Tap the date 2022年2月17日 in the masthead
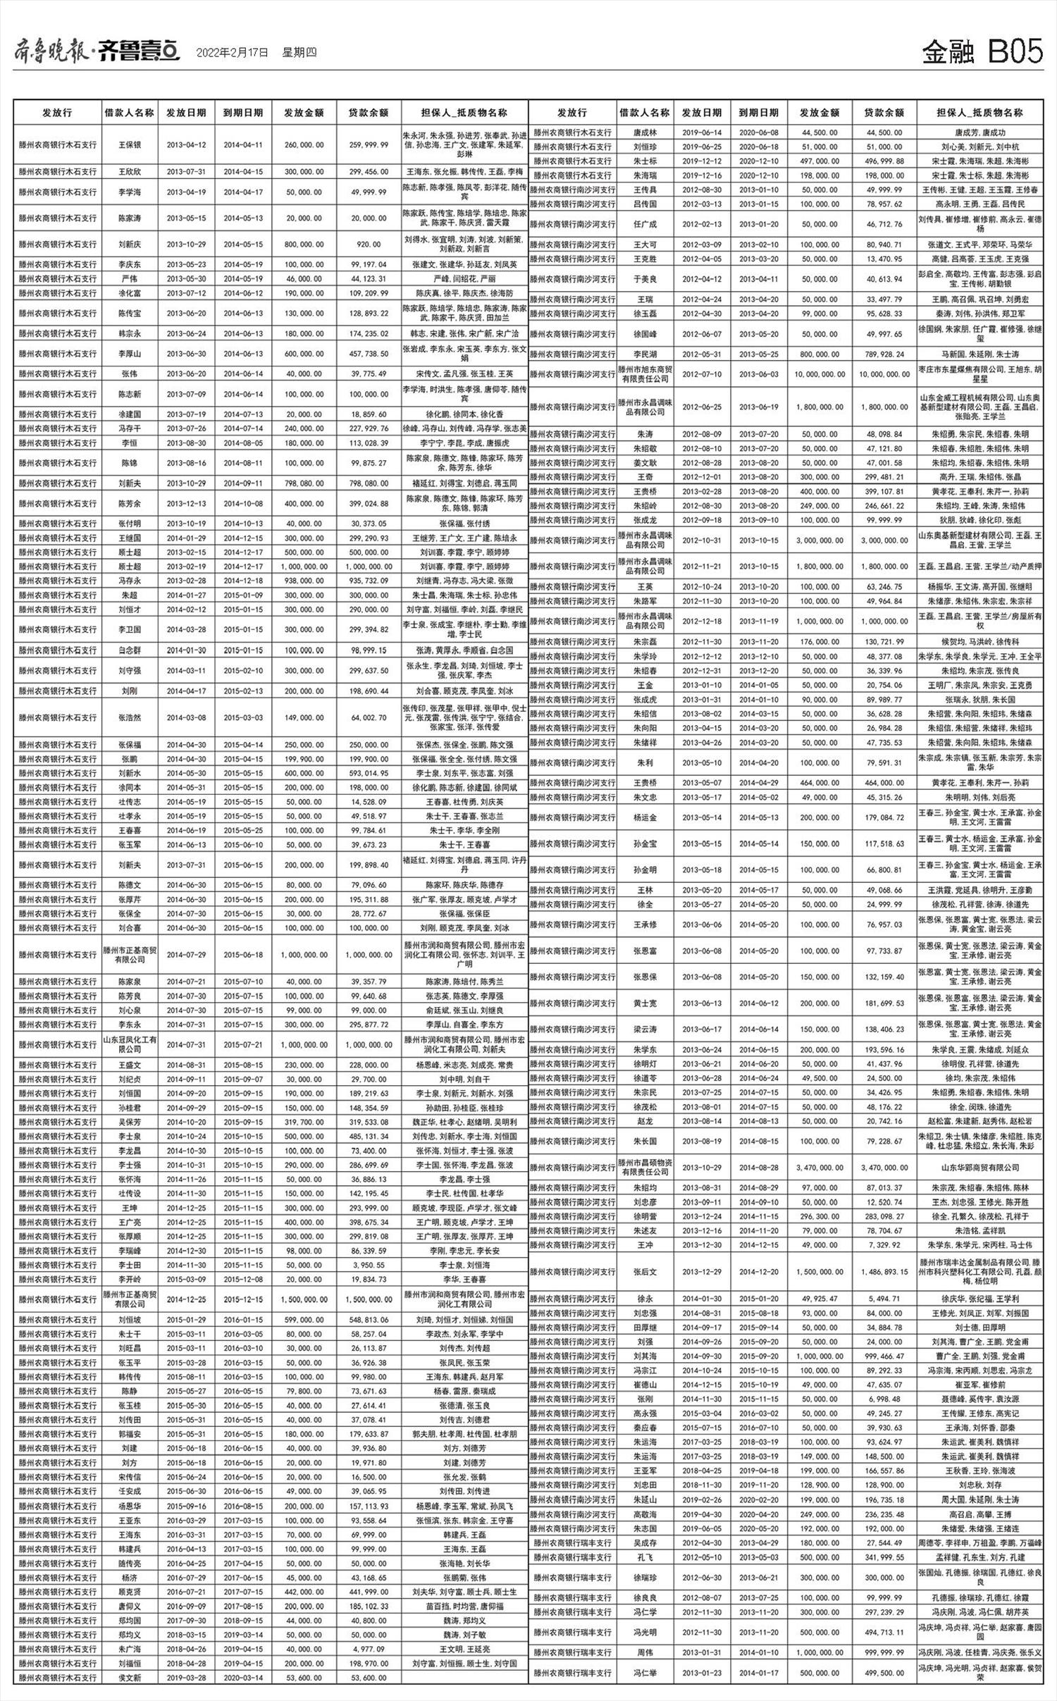[x=233, y=53]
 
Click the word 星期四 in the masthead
[x=299, y=53]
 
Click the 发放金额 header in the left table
[x=304, y=113]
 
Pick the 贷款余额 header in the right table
[x=884, y=113]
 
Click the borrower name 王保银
[x=130, y=144]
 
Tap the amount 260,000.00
[x=304, y=144]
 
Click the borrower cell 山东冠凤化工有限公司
[x=130, y=1045]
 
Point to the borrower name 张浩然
[x=130, y=718]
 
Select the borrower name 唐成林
[x=644, y=132]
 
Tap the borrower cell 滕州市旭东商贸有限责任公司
[x=644, y=374]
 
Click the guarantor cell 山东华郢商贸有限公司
[x=979, y=1168]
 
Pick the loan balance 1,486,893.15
[x=884, y=1272]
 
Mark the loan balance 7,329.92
[x=884, y=1246]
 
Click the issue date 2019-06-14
[x=702, y=132]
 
